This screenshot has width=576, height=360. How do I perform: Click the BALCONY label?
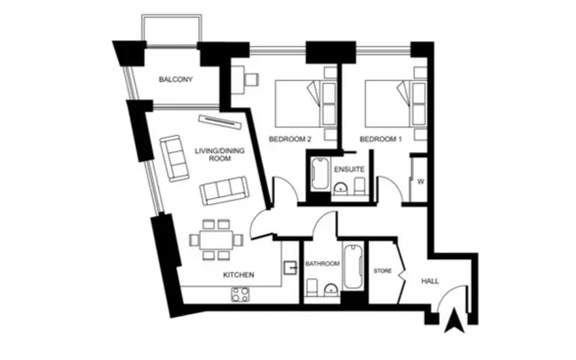click(175, 79)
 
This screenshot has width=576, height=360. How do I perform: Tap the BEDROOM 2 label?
click(290, 139)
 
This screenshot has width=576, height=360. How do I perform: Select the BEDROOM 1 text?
click(381, 139)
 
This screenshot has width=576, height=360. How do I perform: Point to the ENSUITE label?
click(349, 169)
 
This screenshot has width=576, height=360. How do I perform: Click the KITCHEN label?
click(238, 274)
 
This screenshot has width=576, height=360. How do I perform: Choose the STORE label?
click(382, 271)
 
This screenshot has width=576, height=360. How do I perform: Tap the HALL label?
click(430, 282)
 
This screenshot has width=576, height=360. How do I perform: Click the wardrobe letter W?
click(421, 182)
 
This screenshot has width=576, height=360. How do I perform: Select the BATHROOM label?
click(322, 264)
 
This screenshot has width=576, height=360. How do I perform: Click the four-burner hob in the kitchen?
click(240, 294)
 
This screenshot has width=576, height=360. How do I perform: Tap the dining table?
click(216, 240)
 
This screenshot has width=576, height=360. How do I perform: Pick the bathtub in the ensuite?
click(319, 174)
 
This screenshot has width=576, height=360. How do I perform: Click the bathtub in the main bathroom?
click(353, 266)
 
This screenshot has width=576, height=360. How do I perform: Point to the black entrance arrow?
click(454, 320)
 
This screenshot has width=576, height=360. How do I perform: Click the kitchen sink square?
click(290, 267)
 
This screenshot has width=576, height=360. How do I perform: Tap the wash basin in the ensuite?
click(341, 188)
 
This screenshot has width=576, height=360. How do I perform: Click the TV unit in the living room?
click(220, 122)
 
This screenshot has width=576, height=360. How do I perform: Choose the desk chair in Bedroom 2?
click(252, 79)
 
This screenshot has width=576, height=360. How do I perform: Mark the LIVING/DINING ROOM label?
click(220, 155)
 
